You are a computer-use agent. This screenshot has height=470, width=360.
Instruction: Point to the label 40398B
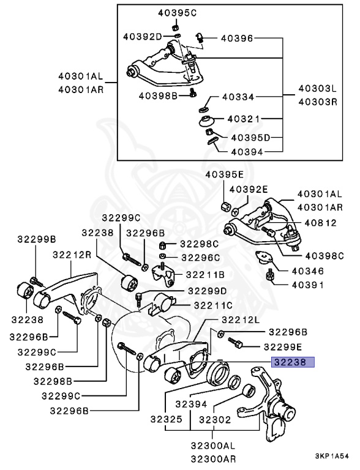tap(157, 95)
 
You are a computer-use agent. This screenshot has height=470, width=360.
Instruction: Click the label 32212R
tap(72, 255)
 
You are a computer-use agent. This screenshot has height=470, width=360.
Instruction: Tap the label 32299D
tap(206, 291)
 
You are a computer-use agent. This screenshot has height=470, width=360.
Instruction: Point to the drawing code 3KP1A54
tap(332, 457)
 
